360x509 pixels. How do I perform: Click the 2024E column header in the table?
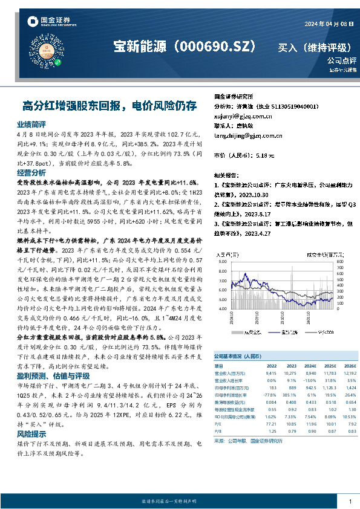pos(308,366)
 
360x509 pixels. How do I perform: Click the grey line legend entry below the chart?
pos(326,332)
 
